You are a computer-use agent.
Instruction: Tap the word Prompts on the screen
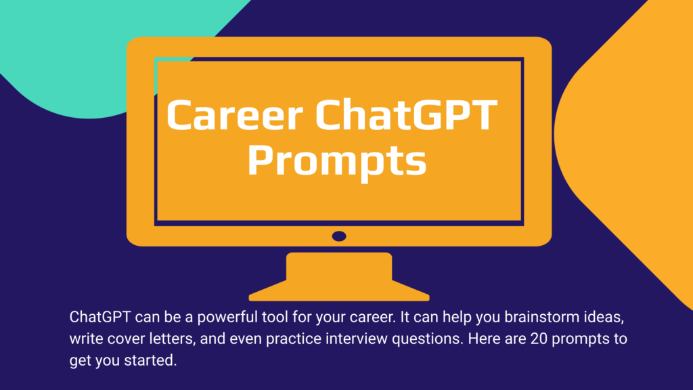tap(336, 161)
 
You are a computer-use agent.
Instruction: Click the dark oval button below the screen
tap(339, 236)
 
